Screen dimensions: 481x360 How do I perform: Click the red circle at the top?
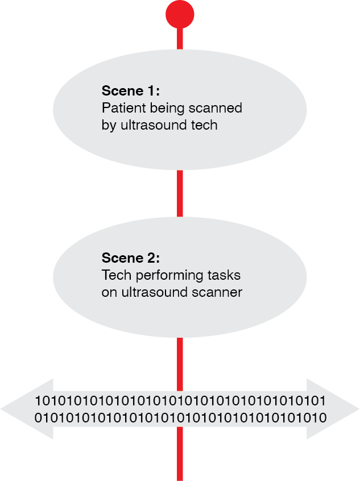click(180, 14)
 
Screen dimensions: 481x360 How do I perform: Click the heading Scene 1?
click(131, 91)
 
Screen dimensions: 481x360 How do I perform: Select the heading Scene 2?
click(131, 258)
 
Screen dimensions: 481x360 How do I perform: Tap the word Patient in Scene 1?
click(121, 108)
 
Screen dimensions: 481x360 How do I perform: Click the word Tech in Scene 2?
click(114, 276)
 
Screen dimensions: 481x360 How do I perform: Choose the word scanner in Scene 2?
click(220, 293)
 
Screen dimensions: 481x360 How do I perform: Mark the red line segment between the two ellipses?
click(180, 193)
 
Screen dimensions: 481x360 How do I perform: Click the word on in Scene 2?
click(108, 293)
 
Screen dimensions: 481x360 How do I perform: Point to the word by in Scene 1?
click(108, 126)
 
